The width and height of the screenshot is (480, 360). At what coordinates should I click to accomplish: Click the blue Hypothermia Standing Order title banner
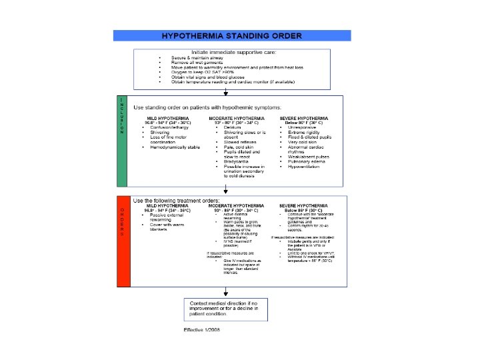pyautogui.click(x=231, y=35)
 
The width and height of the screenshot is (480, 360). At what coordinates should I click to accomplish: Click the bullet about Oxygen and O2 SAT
pyautogui.click(x=197, y=72)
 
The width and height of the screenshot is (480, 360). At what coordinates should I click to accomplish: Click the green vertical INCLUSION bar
pyautogui.click(x=122, y=141)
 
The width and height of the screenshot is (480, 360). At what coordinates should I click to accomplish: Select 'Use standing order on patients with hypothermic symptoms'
pyautogui.click(x=207, y=107)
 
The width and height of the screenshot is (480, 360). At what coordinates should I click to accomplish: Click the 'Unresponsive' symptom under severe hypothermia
pyautogui.click(x=305, y=126)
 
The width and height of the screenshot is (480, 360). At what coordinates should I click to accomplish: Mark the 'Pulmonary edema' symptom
pyautogui.click(x=307, y=161)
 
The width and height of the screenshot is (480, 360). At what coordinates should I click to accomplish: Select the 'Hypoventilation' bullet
pyautogui.click(x=306, y=167)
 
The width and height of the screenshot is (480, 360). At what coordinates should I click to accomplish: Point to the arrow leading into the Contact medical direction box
pyautogui.click(x=226, y=292)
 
